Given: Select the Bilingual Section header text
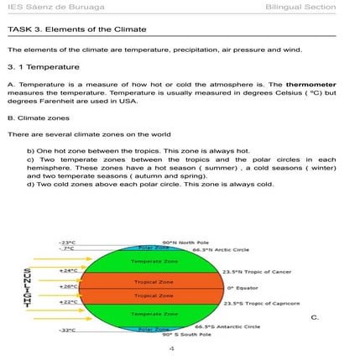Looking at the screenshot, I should [300, 8].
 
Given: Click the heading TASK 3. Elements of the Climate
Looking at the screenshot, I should [76, 29].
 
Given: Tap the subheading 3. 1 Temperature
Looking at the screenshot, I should [43, 66].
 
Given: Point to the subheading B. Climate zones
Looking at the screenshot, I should [38, 118].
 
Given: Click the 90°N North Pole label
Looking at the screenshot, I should [180, 242].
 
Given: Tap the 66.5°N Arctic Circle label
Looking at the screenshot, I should [221, 249].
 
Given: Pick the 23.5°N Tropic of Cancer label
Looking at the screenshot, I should [257, 272].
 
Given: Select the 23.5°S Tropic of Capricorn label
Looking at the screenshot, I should [261, 303].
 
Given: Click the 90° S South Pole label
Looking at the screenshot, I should [186, 334].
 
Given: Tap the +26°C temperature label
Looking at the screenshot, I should [69, 285].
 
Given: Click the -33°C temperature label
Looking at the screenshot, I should [67, 331].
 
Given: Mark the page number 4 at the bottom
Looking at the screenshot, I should [171, 347].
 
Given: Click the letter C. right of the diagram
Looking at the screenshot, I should [315, 317].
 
